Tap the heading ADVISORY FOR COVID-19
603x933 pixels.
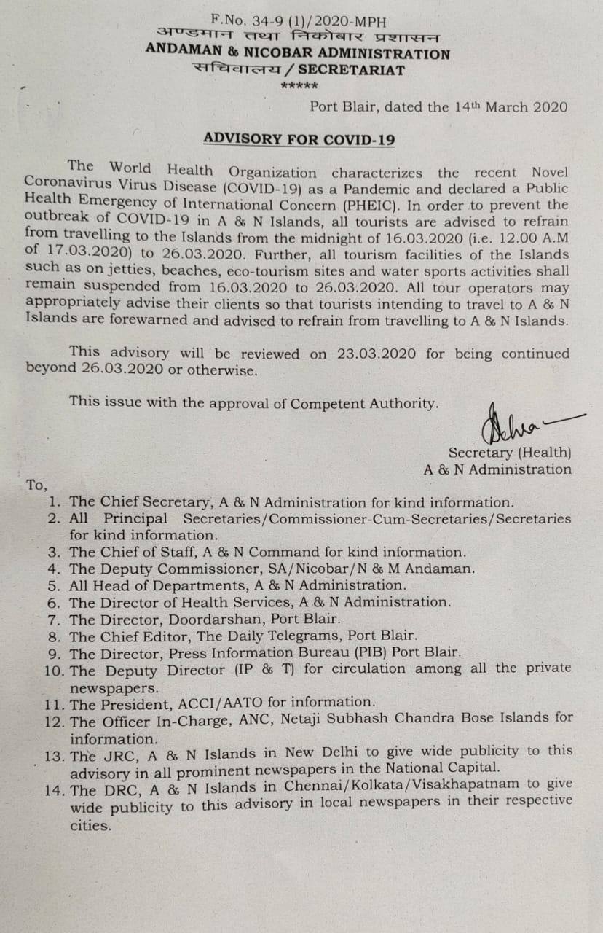(x=299, y=138)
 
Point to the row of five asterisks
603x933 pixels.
(x=299, y=87)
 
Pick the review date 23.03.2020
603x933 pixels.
(x=377, y=354)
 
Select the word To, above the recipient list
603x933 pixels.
(x=36, y=485)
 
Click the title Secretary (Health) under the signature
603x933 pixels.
(x=510, y=453)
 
